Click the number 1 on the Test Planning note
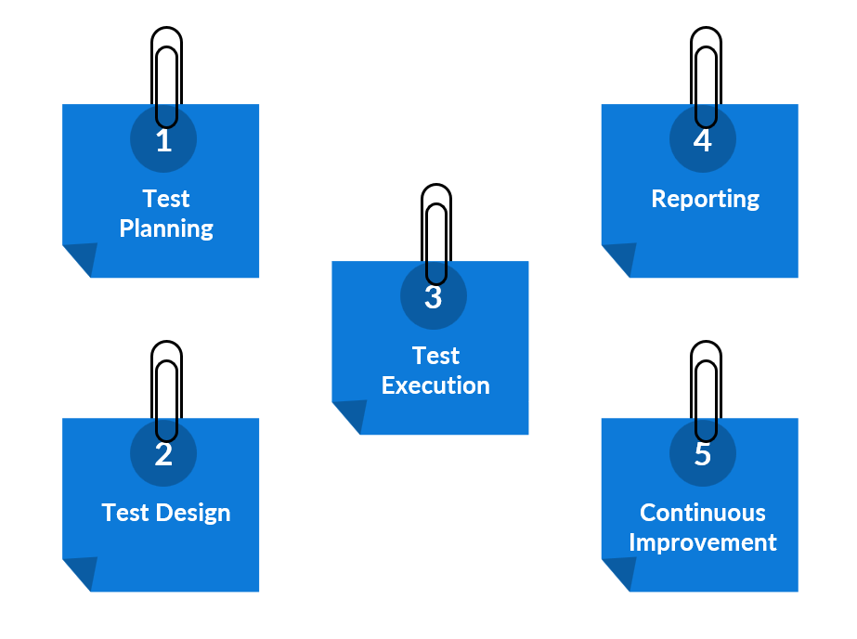164,141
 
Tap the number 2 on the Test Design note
163,455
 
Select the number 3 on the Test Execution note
434,298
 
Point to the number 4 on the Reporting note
703,141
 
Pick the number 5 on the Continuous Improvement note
703,455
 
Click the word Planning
166,228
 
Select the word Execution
435,385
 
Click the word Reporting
705,199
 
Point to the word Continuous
703,513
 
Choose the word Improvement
703,542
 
